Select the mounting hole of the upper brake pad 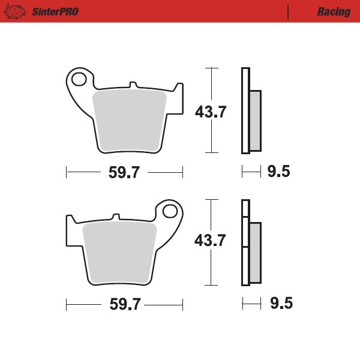79,78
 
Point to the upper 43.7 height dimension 210,112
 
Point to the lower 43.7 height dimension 210,241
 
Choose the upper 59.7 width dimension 124,173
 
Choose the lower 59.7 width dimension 124,304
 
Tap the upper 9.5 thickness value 278,173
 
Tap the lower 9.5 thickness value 280,304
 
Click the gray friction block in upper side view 255,120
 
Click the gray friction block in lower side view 255,252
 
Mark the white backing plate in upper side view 245,111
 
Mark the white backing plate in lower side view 245,252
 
